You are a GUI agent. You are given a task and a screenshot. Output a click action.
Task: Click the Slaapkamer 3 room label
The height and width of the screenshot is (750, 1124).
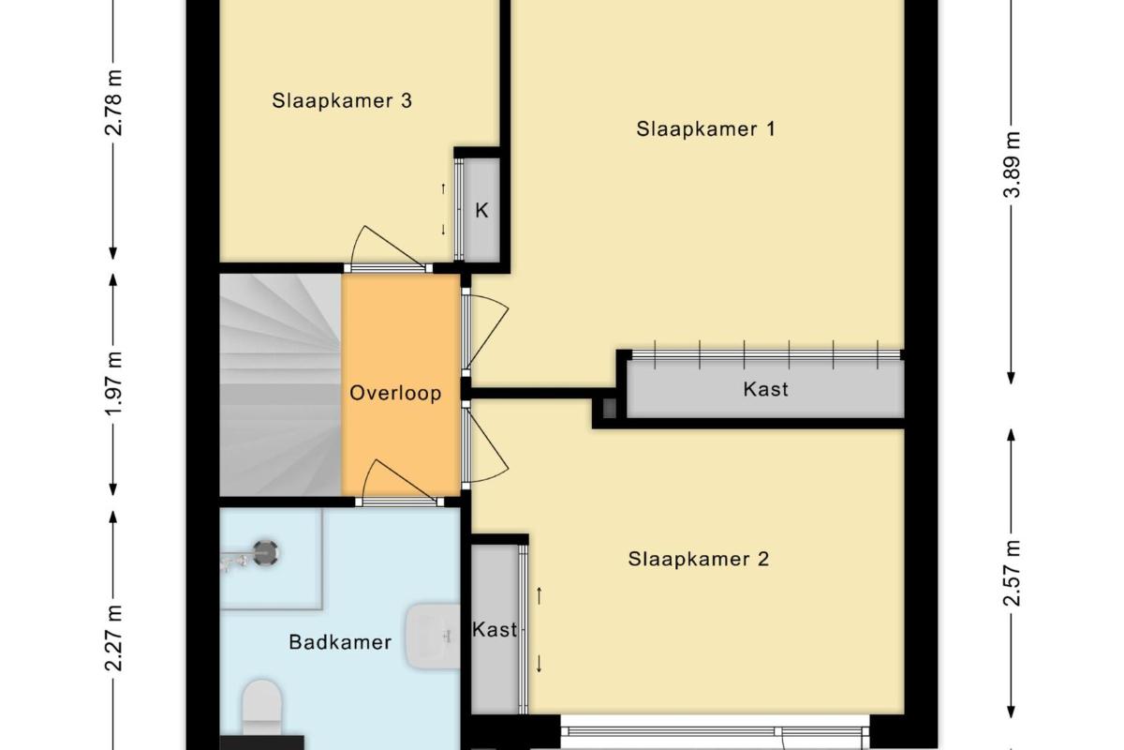click(x=342, y=100)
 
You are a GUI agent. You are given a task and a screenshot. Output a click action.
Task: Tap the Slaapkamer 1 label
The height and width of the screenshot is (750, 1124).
click(x=706, y=129)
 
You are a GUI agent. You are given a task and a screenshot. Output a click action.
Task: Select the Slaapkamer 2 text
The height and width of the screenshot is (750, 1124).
click(x=699, y=559)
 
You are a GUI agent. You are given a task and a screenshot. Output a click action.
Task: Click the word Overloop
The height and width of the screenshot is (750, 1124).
click(x=395, y=394)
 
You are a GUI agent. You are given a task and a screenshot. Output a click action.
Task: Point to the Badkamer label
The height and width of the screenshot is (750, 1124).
click(x=340, y=642)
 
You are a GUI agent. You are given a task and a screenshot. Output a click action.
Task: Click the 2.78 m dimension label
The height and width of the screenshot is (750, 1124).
click(x=114, y=102)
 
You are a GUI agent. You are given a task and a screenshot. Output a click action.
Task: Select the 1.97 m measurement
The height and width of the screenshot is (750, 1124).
click(x=114, y=383)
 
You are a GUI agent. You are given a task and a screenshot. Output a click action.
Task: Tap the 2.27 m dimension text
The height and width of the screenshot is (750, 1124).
click(x=114, y=638)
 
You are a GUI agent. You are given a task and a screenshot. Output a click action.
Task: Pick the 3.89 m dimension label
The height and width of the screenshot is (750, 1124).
click(x=1012, y=165)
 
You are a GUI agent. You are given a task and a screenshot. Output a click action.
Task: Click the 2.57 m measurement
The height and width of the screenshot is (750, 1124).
click(x=1012, y=573)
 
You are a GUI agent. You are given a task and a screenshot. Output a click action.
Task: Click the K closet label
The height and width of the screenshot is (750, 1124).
click(x=481, y=211)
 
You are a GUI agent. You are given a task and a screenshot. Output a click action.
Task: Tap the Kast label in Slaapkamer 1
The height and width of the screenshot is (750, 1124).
click(x=766, y=389)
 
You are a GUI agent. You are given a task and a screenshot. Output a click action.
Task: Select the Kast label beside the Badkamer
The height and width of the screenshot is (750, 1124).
click(x=495, y=629)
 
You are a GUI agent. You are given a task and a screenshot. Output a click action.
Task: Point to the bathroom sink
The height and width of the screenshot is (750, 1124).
click(x=433, y=637)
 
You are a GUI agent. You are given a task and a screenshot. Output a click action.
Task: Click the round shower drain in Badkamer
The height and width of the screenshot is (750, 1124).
click(x=265, y=553)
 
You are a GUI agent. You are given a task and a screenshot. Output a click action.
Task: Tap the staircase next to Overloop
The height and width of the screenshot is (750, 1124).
click(x=280, y=385)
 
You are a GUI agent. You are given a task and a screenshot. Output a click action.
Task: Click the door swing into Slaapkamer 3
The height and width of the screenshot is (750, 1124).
click(x=386, y=247)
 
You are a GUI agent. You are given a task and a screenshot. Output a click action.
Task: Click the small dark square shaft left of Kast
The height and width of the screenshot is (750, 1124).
click(x=609, y=408)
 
